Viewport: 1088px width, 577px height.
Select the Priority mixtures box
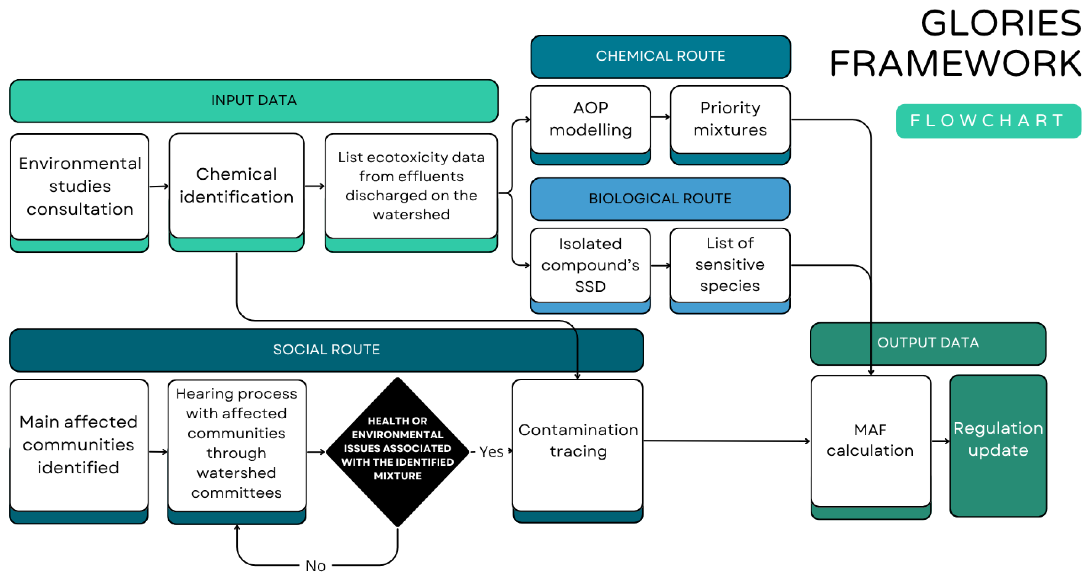point(730,119)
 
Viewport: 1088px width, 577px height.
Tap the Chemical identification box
point(236,186)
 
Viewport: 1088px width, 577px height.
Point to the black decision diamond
point(397,450)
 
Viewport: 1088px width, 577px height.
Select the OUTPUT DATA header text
point(928,342)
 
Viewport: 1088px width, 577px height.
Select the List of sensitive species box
point(730,265)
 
